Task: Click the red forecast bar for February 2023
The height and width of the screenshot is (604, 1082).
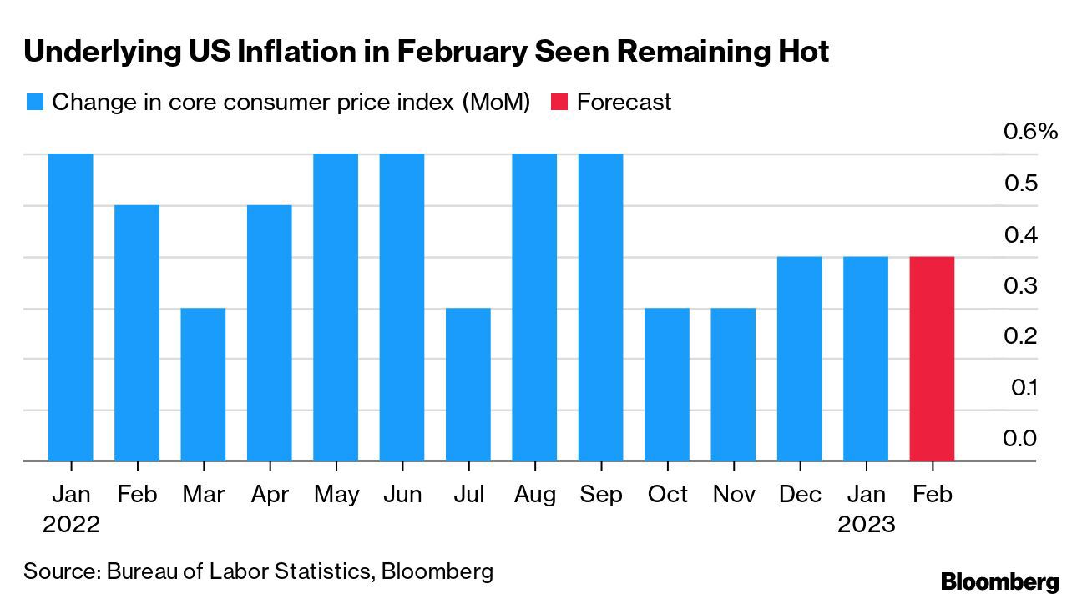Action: (932, 359)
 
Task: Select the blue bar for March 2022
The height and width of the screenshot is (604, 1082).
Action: (203, 385)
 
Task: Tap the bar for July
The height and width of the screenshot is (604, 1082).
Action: (468, 385)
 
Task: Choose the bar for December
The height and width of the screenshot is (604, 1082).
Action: (799, 359)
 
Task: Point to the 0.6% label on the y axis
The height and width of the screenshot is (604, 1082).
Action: (1029, 132)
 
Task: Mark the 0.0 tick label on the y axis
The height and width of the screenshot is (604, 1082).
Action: (1019, 439)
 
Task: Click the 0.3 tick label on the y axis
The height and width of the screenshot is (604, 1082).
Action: (1019, 285)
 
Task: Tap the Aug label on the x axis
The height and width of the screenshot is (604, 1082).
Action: (534, 495)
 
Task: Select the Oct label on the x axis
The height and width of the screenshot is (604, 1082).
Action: (668, 495)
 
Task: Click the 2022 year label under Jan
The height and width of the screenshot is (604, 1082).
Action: (71, 525)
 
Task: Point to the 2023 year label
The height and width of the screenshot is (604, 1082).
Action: (867, 525)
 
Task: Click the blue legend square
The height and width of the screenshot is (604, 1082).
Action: (34, 103)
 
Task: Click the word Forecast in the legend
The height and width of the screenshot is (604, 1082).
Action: (624, 103)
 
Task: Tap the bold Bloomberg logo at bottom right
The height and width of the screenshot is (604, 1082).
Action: (999, 581)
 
